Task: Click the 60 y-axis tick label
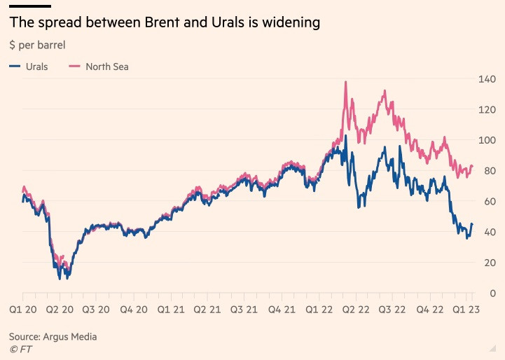click(x=487, y=201)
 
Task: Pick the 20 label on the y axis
click(x=487, y=262)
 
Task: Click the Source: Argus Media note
click(x=53, y=336)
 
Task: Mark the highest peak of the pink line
click(x=346, y=82)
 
